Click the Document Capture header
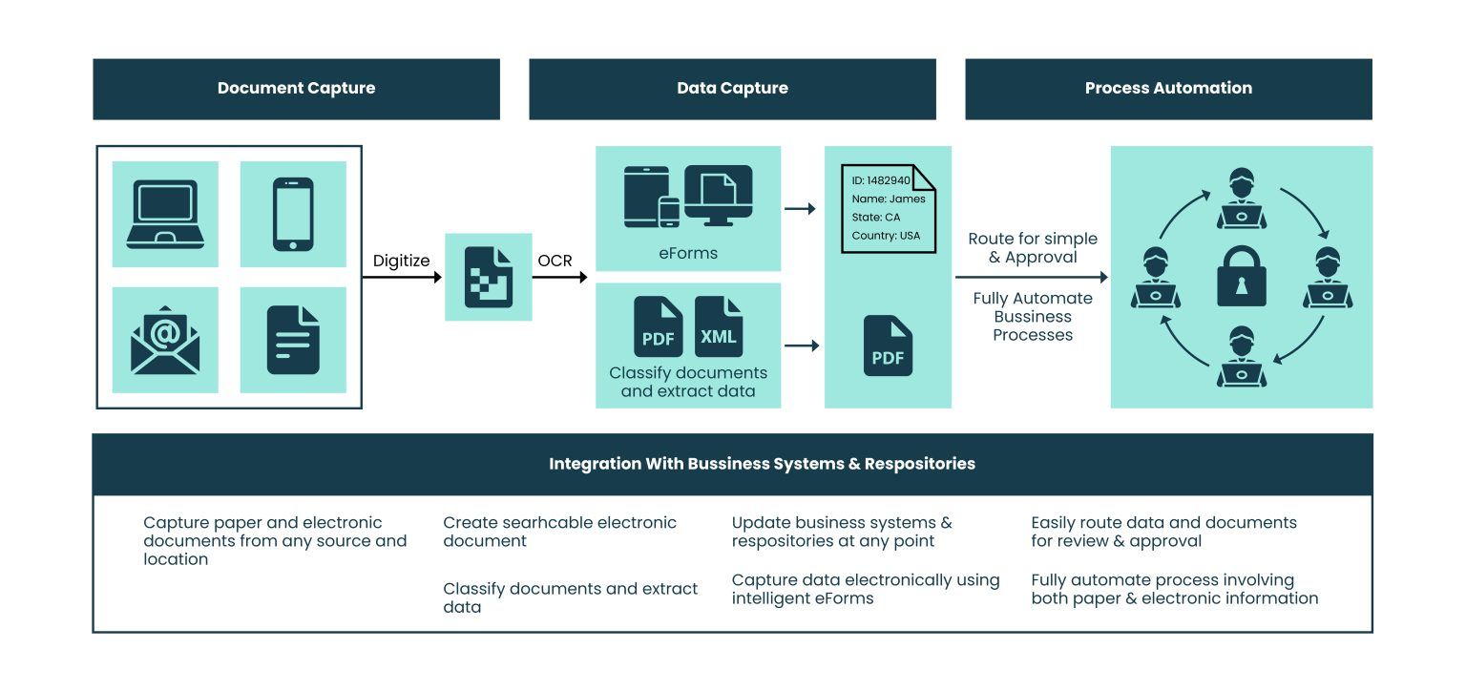pyautogui.click(x=296, y=89)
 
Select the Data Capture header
pyautogui.click(x=732, y=89)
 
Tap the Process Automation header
pyautogui.click(x=1168, y=89)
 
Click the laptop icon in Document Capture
pyautogui.click(x=165, y=214)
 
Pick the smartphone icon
pyautogui.click(x=293, y=214)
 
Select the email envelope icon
pyautogui.click(x=165, y=340)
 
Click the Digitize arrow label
pyautogui.click(x=401, y=261)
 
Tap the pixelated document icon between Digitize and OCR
pyautogui.click(x=489, y=277)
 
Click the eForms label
pyautogui.click(x=688, y=254)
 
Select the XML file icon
pyautogui.click(x=719, y=327)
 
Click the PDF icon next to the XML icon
pyautogui.click(x=659, y=327)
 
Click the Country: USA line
pyautogui.click(x=886, y=236)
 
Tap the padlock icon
pyautogui.click(x=1242, y=276)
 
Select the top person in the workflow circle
pyautogui.click(x=1242, y=199)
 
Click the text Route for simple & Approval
pyautogui.click(x=1033, y=247)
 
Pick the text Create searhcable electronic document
pyautogui.click(x=559, y=532)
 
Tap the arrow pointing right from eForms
pyautogui.click(x=800, y=208)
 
